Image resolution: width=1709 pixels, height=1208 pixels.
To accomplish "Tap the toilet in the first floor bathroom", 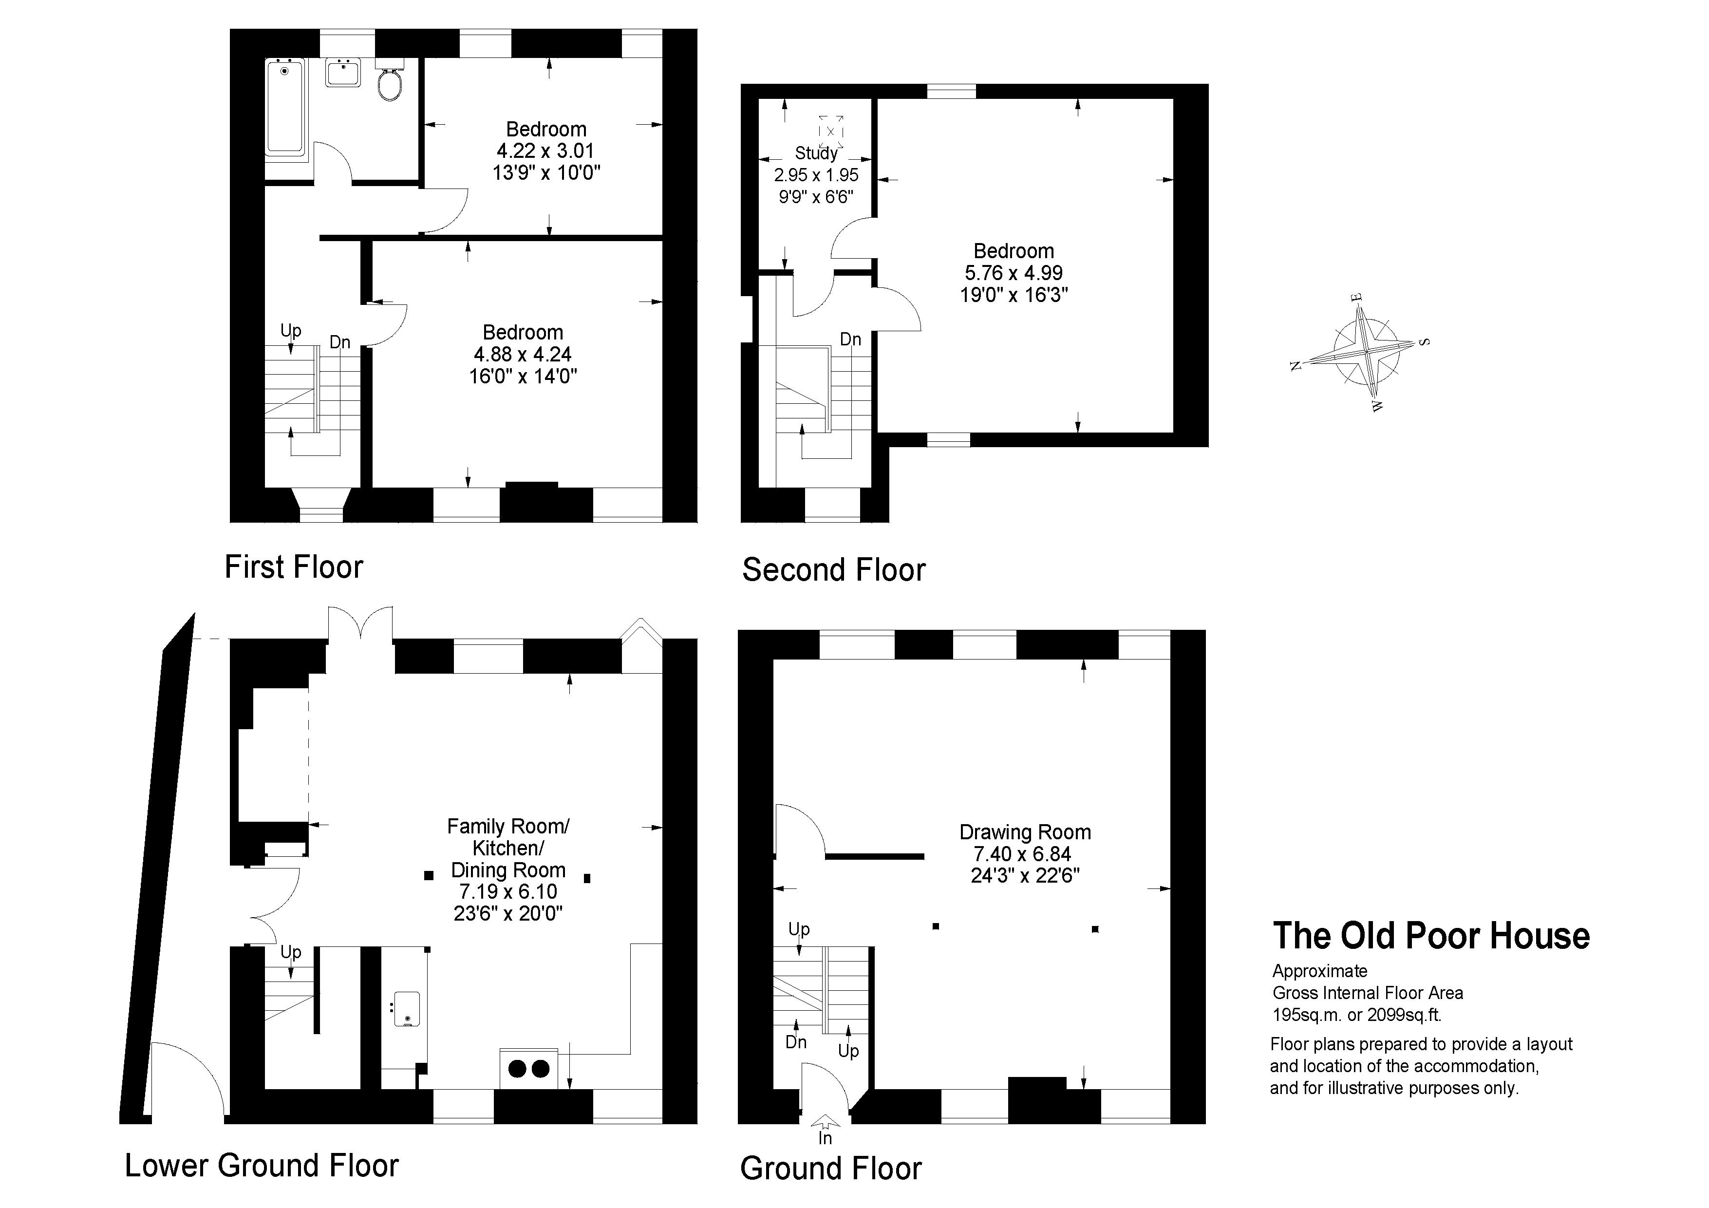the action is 390,80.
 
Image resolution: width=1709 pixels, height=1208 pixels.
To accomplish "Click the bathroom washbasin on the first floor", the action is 343,73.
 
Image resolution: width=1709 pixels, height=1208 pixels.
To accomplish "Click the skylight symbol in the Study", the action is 831,132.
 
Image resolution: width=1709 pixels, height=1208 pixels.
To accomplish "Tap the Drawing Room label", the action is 1025,832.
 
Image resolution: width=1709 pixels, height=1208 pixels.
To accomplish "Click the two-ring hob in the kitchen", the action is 528,1069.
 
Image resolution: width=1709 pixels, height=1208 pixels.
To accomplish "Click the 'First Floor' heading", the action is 294,567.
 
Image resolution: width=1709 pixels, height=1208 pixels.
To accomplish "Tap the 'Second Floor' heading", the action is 834,570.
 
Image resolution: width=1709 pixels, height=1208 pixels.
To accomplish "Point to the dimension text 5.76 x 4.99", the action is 1014,273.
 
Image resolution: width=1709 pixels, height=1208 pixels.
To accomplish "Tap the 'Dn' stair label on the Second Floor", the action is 850,340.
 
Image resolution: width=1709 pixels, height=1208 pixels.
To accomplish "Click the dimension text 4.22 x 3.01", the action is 545,151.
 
